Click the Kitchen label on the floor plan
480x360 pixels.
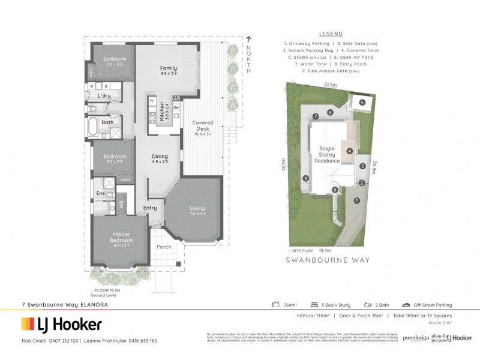coord(161,111)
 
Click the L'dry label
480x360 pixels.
coord(104,96)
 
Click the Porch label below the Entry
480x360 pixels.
coord(163,247)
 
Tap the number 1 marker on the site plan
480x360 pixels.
coord(356,200)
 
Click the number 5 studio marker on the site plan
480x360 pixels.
coord(362,103)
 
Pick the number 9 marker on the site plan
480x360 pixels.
coord(306,178)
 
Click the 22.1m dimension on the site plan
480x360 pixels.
coord(328,85)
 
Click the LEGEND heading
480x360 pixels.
coord(331,35)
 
